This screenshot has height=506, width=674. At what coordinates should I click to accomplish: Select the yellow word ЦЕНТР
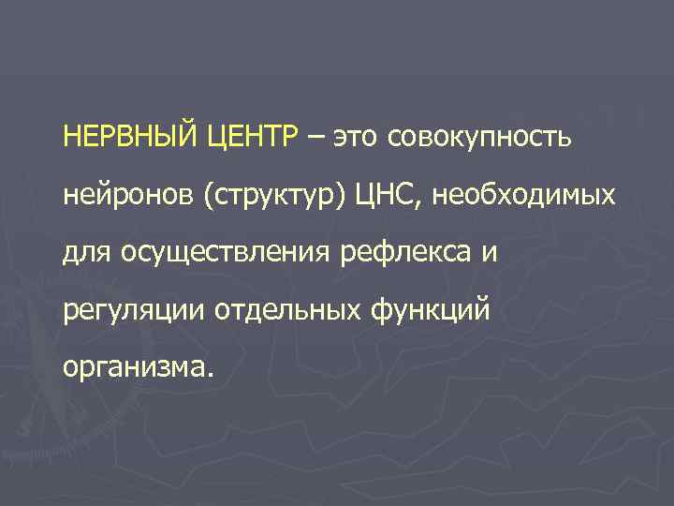(x=250, y=139)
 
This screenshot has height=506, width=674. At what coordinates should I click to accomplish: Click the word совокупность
(x=482, y=140)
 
